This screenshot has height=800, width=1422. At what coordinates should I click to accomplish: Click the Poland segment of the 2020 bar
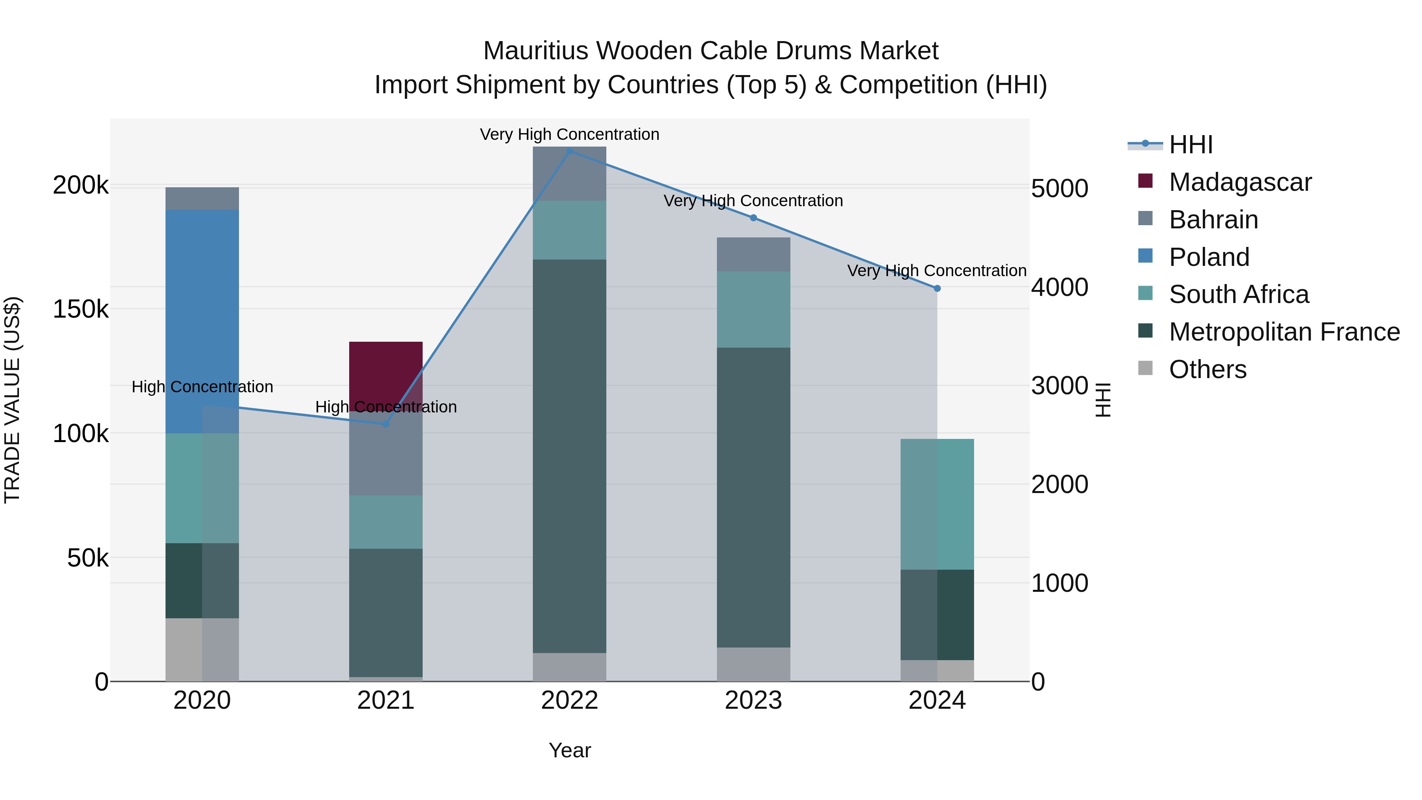point(202,320)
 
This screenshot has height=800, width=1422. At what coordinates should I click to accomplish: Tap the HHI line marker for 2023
point(754,218)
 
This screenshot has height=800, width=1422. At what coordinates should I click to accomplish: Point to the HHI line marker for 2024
point(937,288)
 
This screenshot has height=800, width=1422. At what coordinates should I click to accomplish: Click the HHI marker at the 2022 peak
point(570,151)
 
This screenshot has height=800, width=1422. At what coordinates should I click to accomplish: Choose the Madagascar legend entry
point(1240,182)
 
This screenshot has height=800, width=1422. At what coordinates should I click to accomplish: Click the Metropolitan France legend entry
point(1284,332)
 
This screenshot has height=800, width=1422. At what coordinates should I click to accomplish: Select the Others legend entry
point(1207,369)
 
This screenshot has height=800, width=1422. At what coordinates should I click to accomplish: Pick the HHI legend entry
point(1190,145)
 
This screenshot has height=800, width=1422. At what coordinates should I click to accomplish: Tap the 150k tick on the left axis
point(81,309)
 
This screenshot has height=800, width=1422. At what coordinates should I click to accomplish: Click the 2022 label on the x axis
point(570,700)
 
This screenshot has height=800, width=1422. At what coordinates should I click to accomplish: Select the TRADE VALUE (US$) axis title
point(12,400)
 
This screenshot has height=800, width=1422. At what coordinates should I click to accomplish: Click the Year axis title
point(570,750)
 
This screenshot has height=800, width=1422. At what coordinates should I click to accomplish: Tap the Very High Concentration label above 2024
point(937,271)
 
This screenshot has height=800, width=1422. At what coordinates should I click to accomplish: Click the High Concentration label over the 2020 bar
point(202,386)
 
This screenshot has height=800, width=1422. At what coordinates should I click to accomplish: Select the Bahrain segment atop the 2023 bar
point(754,254)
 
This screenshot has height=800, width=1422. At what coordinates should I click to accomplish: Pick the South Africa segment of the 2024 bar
point(937,504)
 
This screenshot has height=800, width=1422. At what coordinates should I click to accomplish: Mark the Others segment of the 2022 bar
point(570,667)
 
